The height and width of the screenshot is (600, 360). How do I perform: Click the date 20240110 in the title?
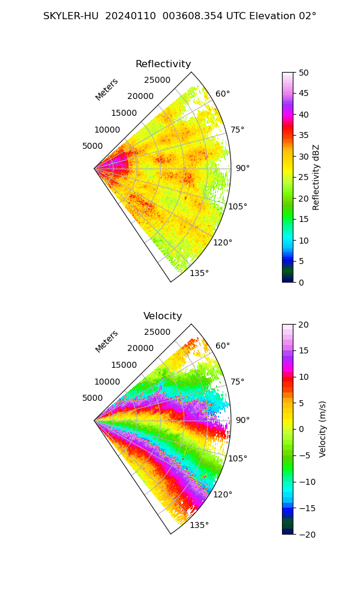[x=130, y=16]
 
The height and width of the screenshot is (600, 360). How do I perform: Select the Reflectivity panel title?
[x=163, y=64]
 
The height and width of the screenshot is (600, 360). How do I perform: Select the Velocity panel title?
[x=163, y=316]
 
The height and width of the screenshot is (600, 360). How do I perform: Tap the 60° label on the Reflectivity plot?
[x=223, y=94]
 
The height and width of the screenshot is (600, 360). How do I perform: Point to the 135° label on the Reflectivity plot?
[x=199, y=273]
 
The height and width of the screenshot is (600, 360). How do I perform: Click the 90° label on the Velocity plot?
[x=242, y=420]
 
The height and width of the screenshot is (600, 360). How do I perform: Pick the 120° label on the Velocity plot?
[x=223, y=494]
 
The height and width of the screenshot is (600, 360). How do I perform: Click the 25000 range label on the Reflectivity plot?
[x=157, y=80]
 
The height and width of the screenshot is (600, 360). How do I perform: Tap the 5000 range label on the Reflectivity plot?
[x=92, y=146]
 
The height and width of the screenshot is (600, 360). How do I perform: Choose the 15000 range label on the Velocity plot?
[x=124, y=365]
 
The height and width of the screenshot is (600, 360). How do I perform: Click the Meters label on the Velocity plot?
[x=107, y=341]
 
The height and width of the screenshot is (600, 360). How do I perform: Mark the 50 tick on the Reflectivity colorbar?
[x=304, y=73]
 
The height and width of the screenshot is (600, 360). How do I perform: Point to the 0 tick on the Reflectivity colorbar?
[x=301, y=283]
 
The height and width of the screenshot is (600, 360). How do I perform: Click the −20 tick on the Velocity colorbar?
[x=307, y=535]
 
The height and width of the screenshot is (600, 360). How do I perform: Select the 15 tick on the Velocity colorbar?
[x=304, y=350]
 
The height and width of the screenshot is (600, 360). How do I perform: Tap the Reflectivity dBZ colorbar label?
[x=316, y=178]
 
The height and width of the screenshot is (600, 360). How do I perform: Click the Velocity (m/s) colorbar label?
[x=323, y=430]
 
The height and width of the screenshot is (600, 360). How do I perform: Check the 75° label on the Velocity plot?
[x=237, y=382]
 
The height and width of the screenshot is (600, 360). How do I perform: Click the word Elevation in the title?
[x=272, y=16]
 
